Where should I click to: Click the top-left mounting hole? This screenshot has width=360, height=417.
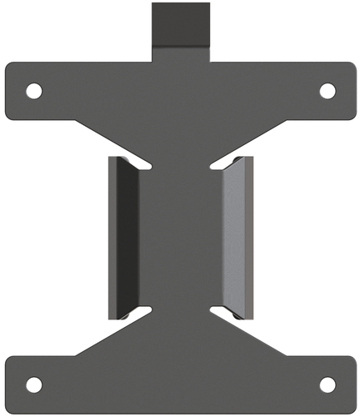pyautogui.click(x=33, y=90)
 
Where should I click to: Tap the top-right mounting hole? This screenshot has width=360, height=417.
pyautogui.click(x=327, y=90)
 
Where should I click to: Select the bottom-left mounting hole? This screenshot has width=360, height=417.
pyautogui.click(x=33, y=384)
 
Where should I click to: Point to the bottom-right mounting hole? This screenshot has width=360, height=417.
pyautogui.click(x=327, y=384)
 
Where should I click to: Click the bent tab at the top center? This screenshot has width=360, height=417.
pyautogui.click(x=180, y=25)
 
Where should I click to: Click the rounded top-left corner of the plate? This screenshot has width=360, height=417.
pyautogui.click(x=10, y=65)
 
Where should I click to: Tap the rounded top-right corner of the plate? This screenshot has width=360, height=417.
pyautogui.click(x=351, y=65)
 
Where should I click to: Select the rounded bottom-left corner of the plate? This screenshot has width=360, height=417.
pyautogui.click(x=10, y=409)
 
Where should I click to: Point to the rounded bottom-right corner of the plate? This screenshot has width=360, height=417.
pyautogui.click(x=351, y=409)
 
